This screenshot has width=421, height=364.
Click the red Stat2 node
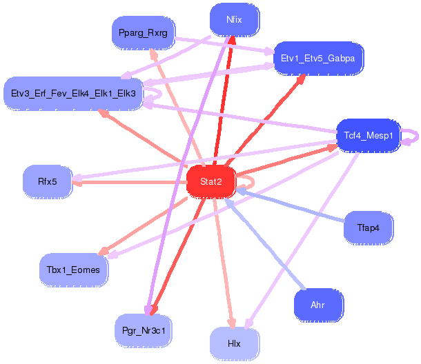pos(211,181)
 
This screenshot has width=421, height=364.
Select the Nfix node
pos(234,20)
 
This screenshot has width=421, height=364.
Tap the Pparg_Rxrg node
pos(144,32)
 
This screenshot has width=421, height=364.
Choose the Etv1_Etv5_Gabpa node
pos(318,58)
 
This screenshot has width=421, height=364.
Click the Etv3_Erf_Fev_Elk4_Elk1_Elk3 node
pos(73,92)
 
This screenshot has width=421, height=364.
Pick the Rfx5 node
pos(48,181)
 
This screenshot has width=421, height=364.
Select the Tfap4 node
pos(369,228)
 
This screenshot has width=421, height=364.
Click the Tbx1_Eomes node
pos(73,270)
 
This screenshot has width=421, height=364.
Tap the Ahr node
pos(317,305)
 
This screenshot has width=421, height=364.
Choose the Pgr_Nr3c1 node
pos(144,330)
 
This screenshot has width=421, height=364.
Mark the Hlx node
pos(234,343)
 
